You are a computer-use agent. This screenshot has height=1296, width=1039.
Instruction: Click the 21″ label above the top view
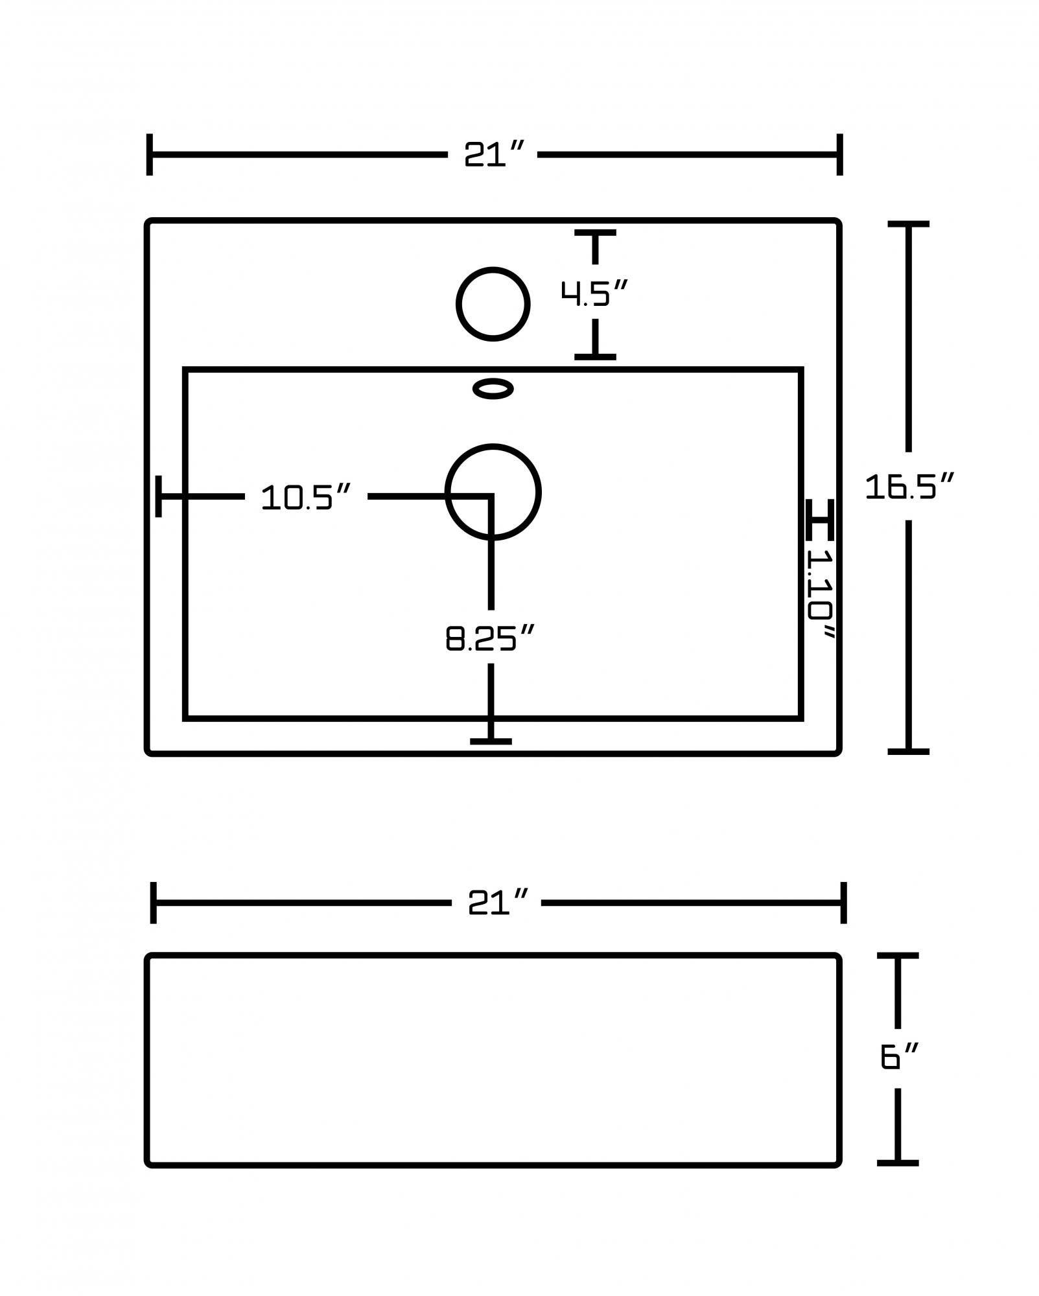[x=493, y=155]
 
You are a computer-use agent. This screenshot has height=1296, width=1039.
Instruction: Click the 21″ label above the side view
[x=497, y=902]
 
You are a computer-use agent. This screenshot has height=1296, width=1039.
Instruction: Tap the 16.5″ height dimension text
[x=909, y=487]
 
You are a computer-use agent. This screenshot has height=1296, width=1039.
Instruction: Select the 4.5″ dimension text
[x=594, y=294]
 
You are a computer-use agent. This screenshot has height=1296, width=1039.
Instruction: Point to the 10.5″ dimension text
[x=305, y=498]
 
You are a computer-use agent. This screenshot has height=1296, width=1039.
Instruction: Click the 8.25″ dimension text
[x=489, y=639]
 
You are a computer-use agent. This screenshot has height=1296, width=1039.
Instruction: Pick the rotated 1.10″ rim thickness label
[x=821, y=593]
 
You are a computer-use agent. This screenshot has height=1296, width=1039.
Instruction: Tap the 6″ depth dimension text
[x=899, y=1057]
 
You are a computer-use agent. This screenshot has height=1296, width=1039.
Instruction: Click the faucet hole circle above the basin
[x=493, y=304]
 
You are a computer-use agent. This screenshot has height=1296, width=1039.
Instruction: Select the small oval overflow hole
[x=493, y=389]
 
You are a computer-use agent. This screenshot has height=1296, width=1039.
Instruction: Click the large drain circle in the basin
[x=493, y=491]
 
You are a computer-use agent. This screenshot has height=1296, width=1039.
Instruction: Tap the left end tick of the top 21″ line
[x=150, y=155]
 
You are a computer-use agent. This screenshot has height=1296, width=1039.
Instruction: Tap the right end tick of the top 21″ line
[x=839, y=155]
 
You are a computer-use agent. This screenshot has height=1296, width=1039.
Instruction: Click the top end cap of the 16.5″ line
[x=908, y=224]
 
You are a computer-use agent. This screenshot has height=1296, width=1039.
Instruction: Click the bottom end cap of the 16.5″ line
[x=908, y=751]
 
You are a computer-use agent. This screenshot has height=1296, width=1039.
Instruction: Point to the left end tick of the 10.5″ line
[x=159, y=496]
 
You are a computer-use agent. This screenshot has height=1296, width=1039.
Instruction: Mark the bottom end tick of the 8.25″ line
[x=491, y=741]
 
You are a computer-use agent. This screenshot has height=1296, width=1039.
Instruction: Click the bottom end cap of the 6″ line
[x=898, y=1163]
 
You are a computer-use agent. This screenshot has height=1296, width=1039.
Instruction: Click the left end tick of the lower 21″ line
[x=154, y=902]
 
